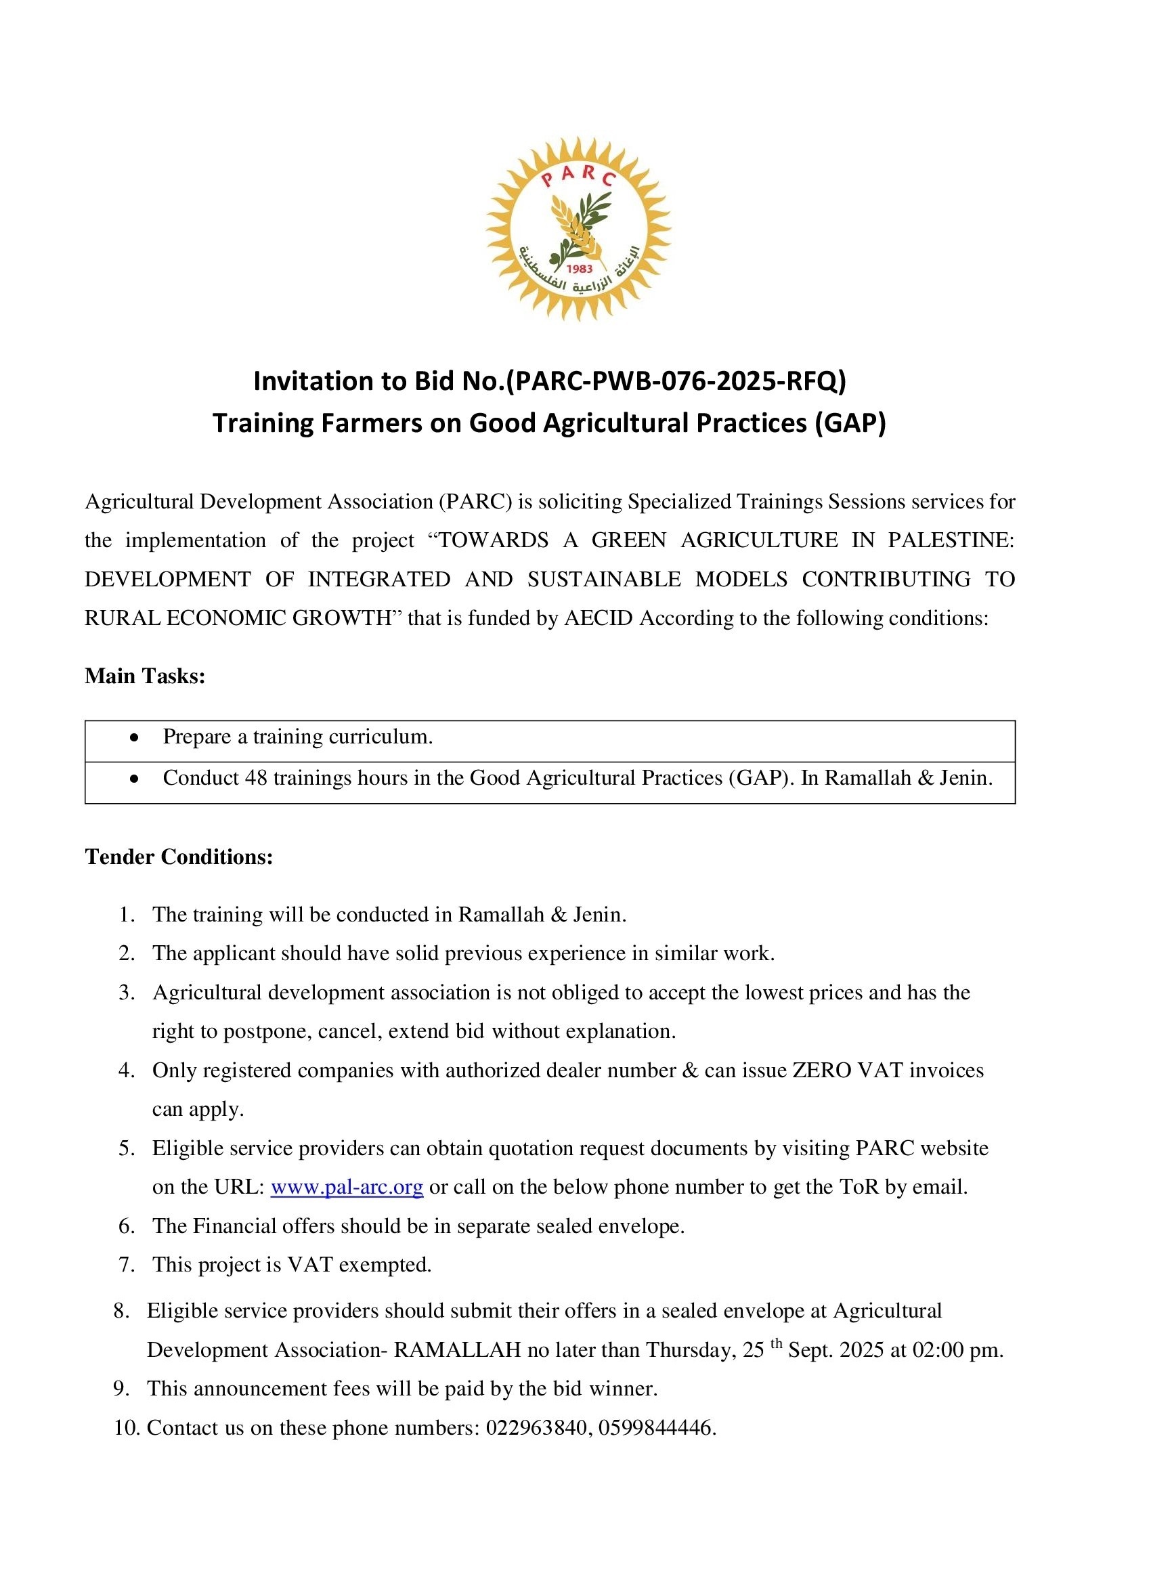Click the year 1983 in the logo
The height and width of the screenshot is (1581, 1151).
(580, 268)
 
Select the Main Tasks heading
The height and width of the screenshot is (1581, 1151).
(145, 676)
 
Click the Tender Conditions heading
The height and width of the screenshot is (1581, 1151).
(179, 856)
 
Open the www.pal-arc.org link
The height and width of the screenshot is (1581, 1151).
(347, 1186)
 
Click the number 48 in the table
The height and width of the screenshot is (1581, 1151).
(256, 777)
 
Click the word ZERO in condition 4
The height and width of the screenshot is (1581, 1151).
(822, 1070)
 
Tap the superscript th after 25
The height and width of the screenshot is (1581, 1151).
(777, 1344)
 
